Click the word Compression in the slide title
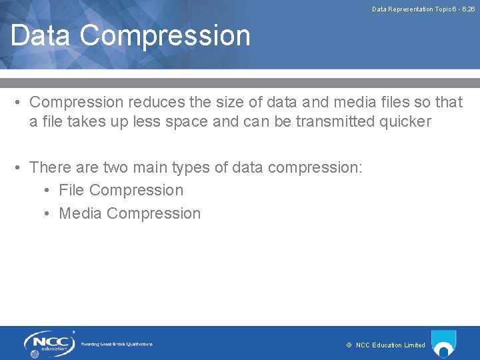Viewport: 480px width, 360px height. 166,35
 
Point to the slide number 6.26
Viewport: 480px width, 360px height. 467,9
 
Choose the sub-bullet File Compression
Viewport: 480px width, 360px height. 121,190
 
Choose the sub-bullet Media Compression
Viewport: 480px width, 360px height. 129,213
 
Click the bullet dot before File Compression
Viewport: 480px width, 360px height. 47,191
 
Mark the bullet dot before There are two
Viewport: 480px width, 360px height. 18,167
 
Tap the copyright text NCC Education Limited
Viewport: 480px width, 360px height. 390,345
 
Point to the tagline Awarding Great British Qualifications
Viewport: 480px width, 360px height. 117,344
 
